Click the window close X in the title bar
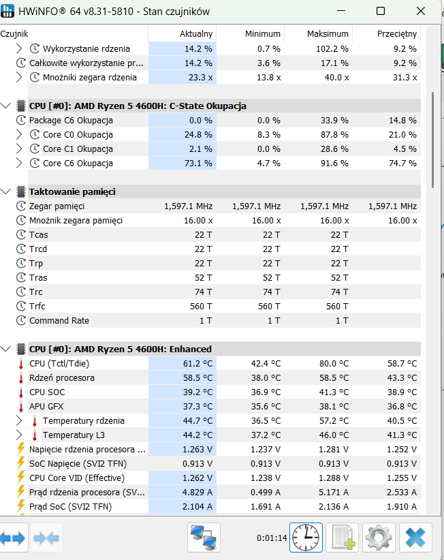[x=421, y=11]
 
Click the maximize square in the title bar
[x=381, y=11]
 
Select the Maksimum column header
[x=328, y=34]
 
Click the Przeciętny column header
[x=397, y=34]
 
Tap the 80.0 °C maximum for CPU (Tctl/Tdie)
[x=334, y=364]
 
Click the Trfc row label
[x=37, y=306]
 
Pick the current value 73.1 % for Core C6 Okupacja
[x=198, y=164]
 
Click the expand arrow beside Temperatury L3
[x=19, y=435]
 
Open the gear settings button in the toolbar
[x=379, y=538]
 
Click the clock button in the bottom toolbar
[x=306, y=538]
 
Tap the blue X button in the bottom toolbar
[x=415, y=538]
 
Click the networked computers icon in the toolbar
[x=204, y=538]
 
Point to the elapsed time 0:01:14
[x=272, y=538]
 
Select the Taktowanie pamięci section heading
[x=72, y=192]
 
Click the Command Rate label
[x=59, y=320]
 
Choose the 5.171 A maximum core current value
[x=334, y=492]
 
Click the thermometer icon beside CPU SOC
[x=21, y=392]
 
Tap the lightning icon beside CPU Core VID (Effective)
[x=21, y=477]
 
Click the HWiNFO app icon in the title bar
[x=7, y=11]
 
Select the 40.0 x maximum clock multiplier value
[x=336, y=78]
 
